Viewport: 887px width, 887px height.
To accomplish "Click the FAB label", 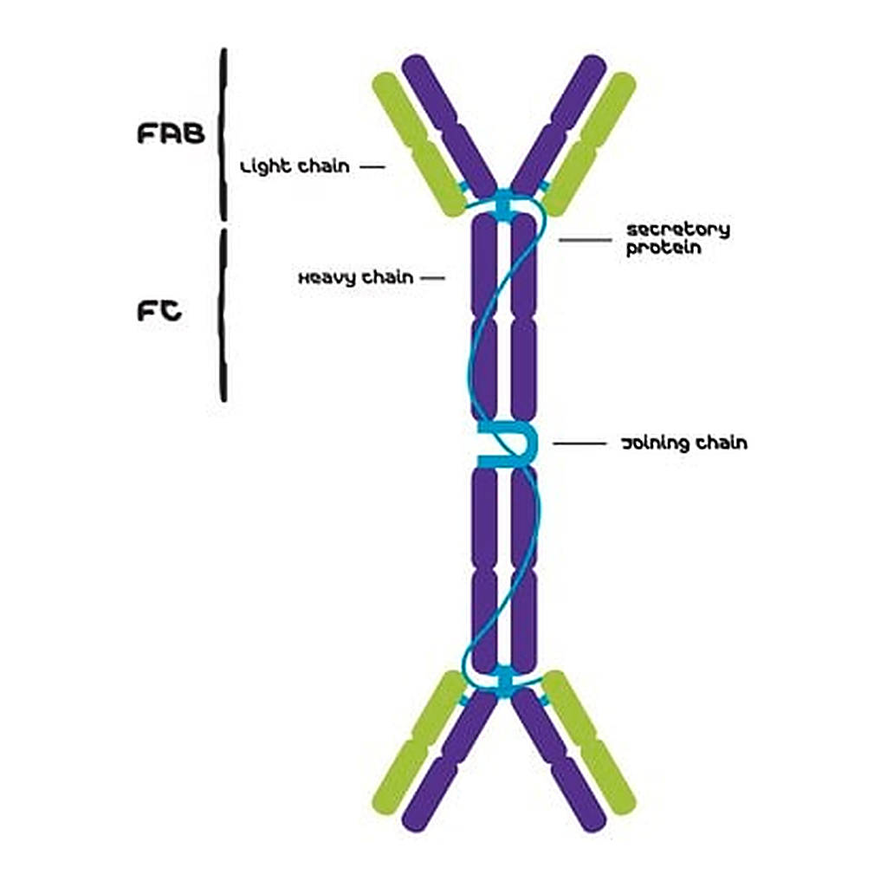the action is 171,133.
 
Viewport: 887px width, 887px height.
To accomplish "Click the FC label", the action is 159,311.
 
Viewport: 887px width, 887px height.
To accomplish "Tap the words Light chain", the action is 295,166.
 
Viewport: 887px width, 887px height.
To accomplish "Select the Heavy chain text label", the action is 356,277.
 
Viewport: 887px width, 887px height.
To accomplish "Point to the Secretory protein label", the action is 677,238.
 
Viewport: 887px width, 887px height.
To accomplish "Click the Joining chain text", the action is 684,443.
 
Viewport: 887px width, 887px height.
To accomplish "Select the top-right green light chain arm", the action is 588,145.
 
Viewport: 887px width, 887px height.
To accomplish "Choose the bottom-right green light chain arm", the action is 588,742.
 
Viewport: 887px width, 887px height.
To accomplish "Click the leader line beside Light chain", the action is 372,167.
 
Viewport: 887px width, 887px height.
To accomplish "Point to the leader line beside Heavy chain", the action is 433,278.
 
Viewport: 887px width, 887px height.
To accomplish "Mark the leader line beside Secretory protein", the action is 586,240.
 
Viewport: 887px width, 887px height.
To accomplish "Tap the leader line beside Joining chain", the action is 579,443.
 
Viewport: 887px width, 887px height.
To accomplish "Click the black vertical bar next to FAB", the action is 224,134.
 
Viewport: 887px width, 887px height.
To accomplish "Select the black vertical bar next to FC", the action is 224,315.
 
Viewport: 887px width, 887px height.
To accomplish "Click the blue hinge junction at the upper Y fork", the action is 504,204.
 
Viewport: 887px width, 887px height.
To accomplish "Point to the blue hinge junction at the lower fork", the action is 504,682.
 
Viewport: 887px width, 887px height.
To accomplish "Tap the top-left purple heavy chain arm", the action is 450,126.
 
